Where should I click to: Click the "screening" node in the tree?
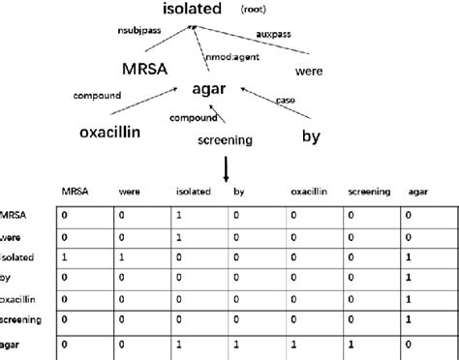click(225, 139)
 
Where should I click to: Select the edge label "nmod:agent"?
click(232, 59)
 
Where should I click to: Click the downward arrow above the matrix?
click(226, 168)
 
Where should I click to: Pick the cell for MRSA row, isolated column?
click(181, 212)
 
